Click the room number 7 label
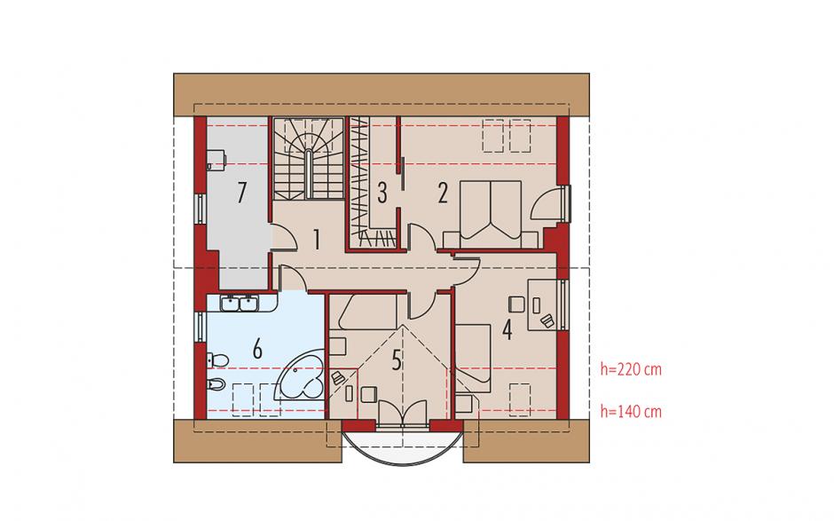242,193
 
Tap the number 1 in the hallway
317,240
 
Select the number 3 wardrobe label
382,193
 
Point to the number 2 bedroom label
443,193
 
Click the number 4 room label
507,330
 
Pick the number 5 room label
397,360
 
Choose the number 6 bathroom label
257,351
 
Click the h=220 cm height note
631,369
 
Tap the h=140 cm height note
631,411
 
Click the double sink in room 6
240,304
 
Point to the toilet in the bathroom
218,359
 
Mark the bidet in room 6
217,383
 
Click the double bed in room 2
491,215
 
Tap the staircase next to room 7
308,158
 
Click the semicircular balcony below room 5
403,446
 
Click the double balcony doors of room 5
403,413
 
